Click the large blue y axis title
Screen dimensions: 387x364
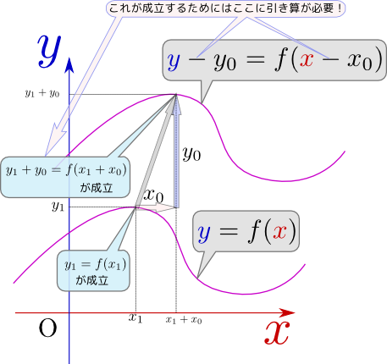[49, 51]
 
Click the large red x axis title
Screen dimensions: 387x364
[277, 334]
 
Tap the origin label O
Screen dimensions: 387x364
[47, 328]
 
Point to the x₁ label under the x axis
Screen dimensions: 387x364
[135, 318]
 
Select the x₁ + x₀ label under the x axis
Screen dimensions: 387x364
[184, 320]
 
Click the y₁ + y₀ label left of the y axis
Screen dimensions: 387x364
[42, 93]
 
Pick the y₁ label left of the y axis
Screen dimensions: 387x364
[58, 207]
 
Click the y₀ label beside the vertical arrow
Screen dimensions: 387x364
[191, 154]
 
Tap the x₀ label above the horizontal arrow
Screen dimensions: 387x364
[153, 196]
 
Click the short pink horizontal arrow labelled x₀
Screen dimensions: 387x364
[156, 208]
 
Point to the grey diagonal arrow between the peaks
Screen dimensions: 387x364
[156, 152]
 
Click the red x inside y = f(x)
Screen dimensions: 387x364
[279, 232]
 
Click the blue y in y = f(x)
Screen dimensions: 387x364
[204, 234]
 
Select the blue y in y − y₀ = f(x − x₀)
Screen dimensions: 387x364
[174, 62]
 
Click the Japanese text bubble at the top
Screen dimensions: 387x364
[225, 8]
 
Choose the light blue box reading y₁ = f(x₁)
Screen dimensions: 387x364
[93, 271]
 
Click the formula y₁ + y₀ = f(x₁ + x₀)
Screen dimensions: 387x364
[66, 170]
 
